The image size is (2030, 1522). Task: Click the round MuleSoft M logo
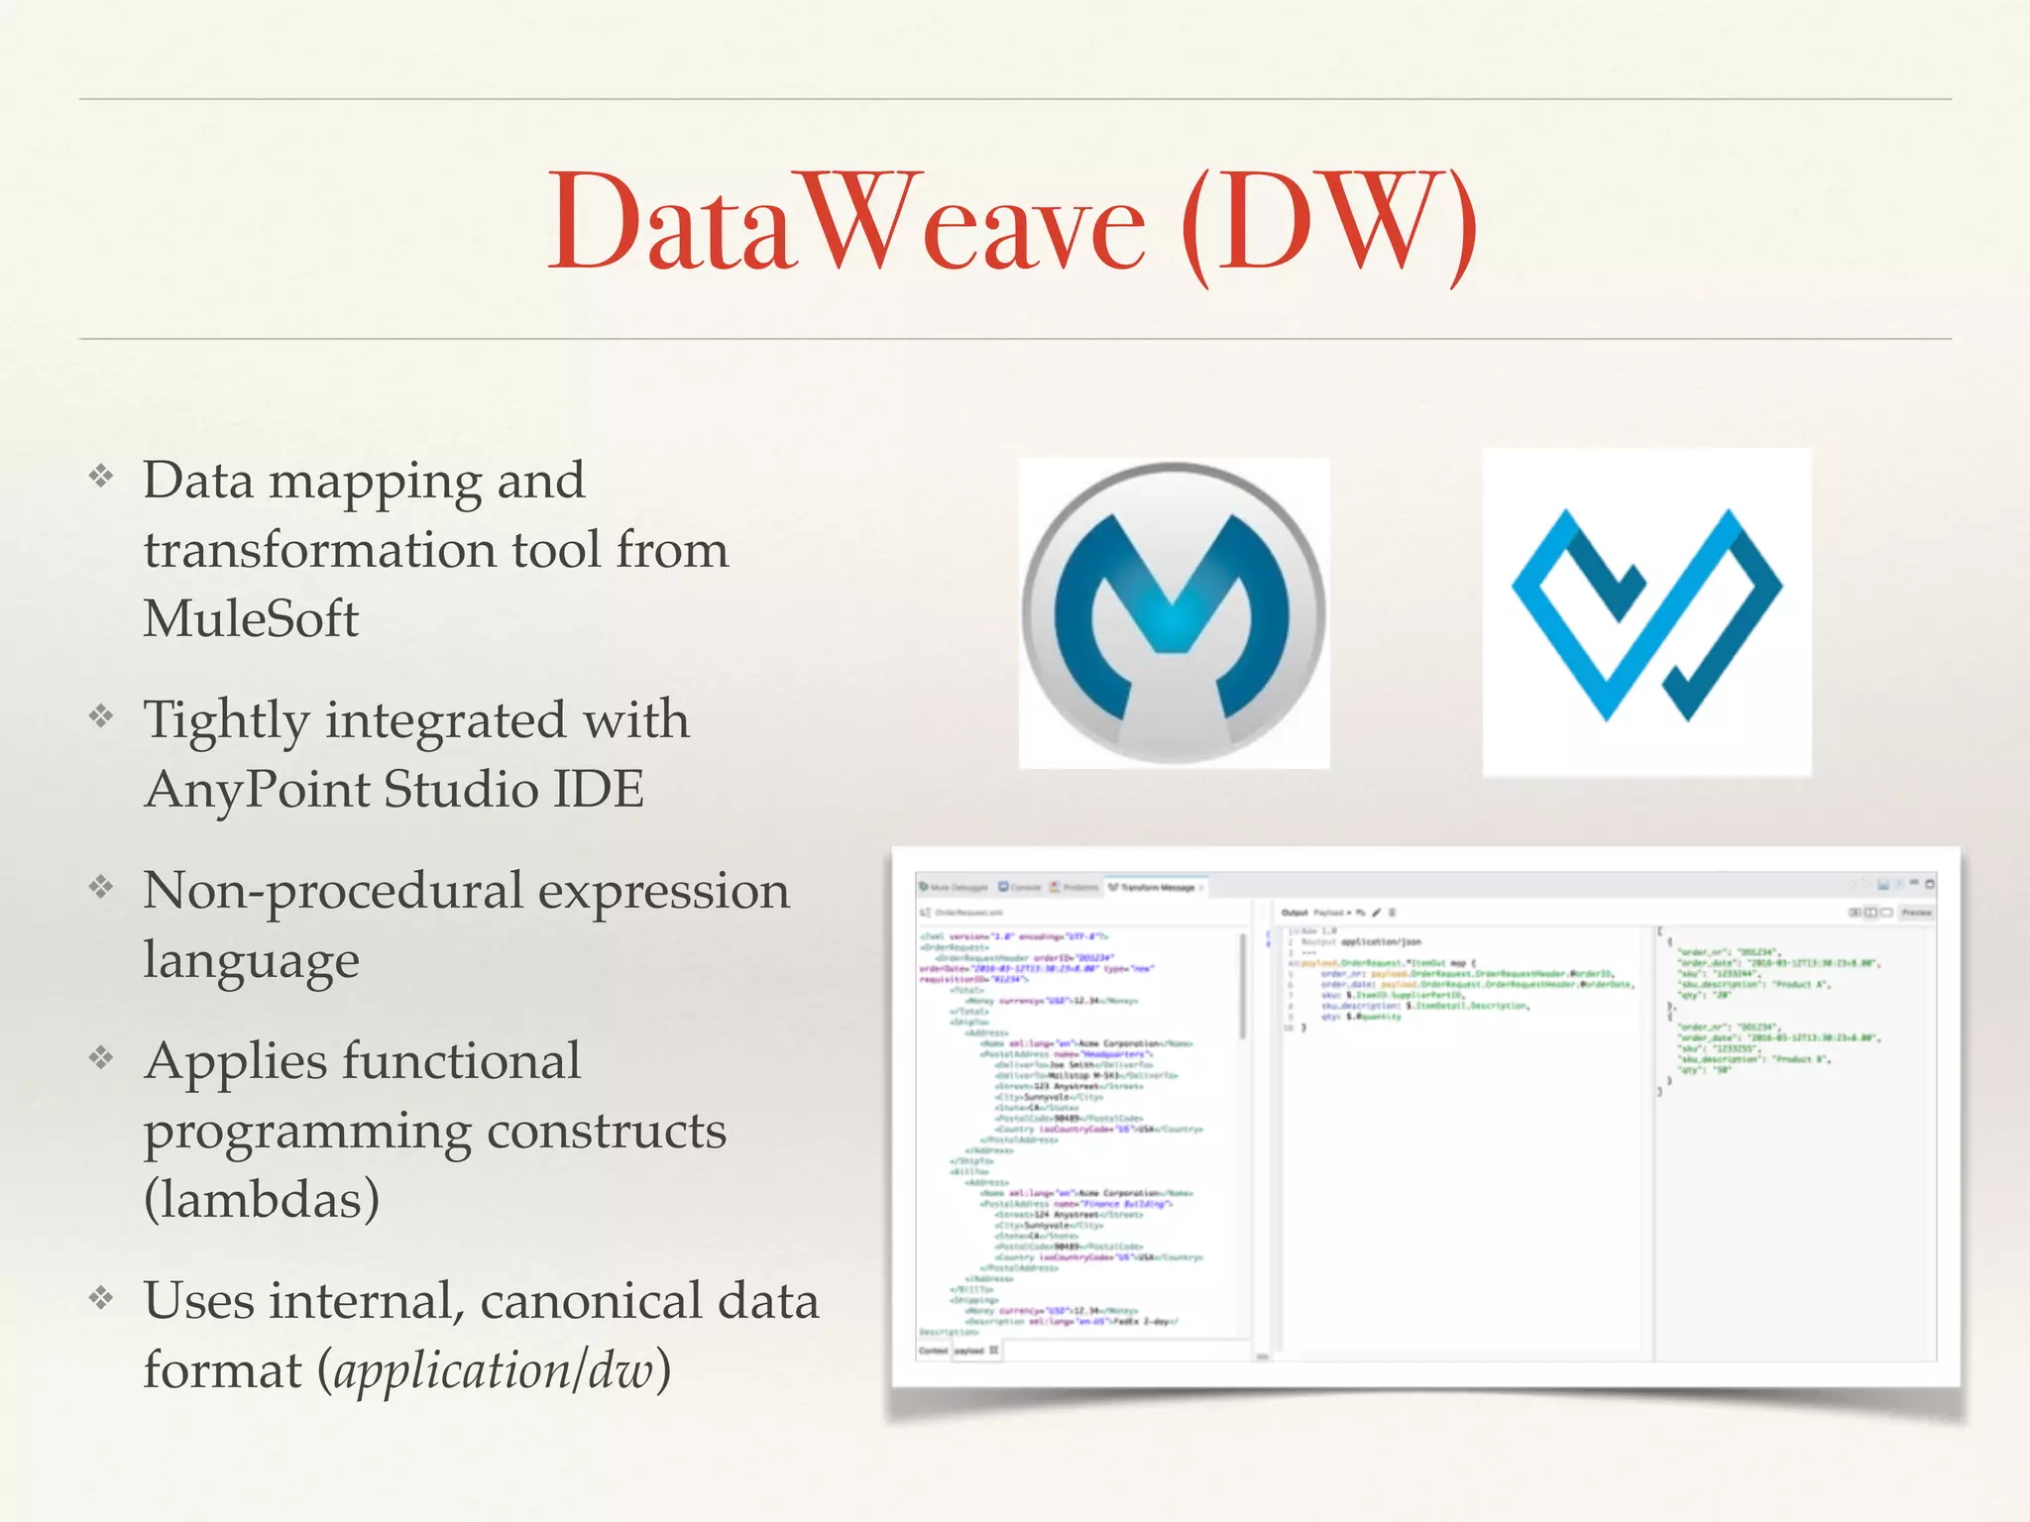click(1174, 612)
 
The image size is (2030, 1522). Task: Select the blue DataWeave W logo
click(1646, 612)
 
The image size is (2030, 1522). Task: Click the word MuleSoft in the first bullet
click(251, 618)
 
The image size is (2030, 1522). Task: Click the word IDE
click(598, 789)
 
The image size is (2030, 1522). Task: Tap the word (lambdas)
click(262, 1199)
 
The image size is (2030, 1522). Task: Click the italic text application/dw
click(494, 1370)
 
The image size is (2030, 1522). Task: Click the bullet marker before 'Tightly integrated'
click(101, 715)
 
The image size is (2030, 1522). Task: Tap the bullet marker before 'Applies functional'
click(101, 1057)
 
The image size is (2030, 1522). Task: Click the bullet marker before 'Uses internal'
click(101, 1297)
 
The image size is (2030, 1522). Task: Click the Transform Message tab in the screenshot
click(1156, 887)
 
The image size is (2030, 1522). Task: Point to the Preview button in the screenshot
click(1915, 912)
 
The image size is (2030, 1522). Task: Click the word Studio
click(460, 790)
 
